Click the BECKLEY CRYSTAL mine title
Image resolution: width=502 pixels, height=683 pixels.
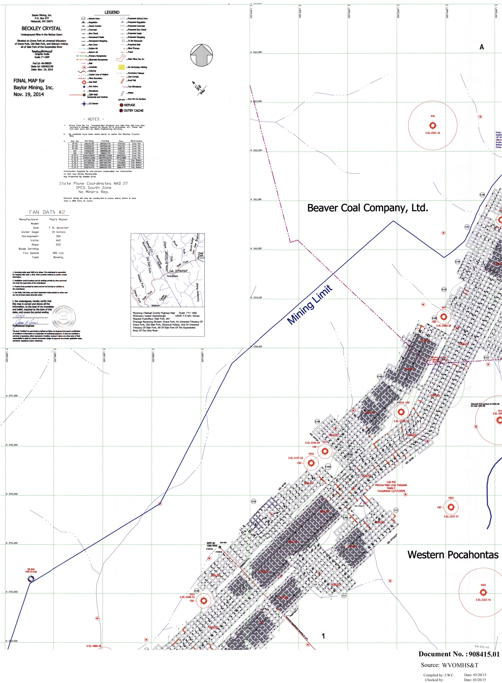[41, 29]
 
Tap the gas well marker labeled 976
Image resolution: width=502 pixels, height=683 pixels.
[433, 125]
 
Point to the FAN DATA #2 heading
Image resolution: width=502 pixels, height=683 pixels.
[47, 212]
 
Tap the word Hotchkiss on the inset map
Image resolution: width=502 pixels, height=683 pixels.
[172, 276]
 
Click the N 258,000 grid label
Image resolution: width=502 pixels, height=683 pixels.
[256, 346]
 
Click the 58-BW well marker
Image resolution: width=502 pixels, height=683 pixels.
[31, 579]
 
